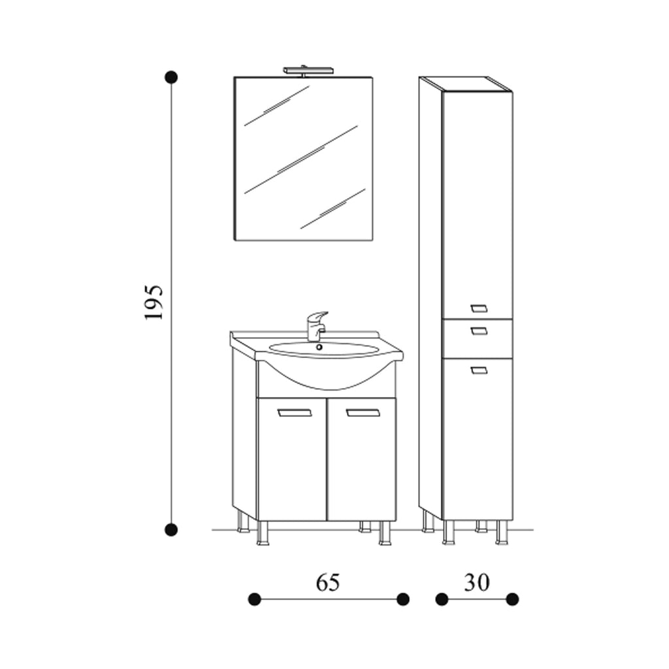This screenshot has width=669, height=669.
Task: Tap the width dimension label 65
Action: (x=328, y=581)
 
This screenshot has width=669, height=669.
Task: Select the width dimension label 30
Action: (x=477, y=581)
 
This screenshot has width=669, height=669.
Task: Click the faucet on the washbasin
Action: (x=316, y=325)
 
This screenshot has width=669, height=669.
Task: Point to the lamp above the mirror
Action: (x=308, y=69)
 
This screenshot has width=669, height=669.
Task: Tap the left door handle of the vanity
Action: (x=295, y=412)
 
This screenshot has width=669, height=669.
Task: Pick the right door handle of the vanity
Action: (x=363, y=412)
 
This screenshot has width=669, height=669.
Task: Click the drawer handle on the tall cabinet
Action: (x=479, y=331)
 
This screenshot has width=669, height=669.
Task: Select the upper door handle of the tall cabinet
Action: (x=479, y=308)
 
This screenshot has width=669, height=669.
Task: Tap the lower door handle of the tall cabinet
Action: (x=479, y=370)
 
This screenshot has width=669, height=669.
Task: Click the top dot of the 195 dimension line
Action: (x=171, y=77)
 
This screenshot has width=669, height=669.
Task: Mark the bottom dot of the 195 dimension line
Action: (x=171, y=529)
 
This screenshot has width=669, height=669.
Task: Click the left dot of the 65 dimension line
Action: (x=255, y=598)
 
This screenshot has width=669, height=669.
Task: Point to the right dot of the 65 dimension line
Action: (x=403, y=598)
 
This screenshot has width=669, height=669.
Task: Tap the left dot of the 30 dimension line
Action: (x=442, y=598)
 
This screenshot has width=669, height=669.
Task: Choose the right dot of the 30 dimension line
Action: (x=512, y=598)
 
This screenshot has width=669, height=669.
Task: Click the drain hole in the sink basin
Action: (x=319, y=347)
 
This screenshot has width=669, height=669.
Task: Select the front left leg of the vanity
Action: (x=263, y=532)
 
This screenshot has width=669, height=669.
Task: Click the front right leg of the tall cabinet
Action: (x=502, y=532)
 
